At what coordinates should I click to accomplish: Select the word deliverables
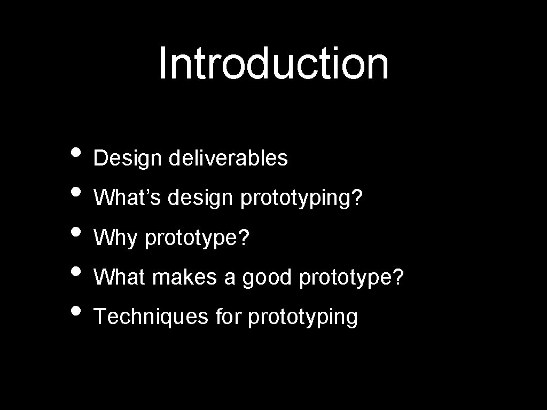(228, 158)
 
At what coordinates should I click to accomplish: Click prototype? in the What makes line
(352, 278)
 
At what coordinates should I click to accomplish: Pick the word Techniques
(151, 317)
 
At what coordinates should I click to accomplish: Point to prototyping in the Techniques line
(303, 318)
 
